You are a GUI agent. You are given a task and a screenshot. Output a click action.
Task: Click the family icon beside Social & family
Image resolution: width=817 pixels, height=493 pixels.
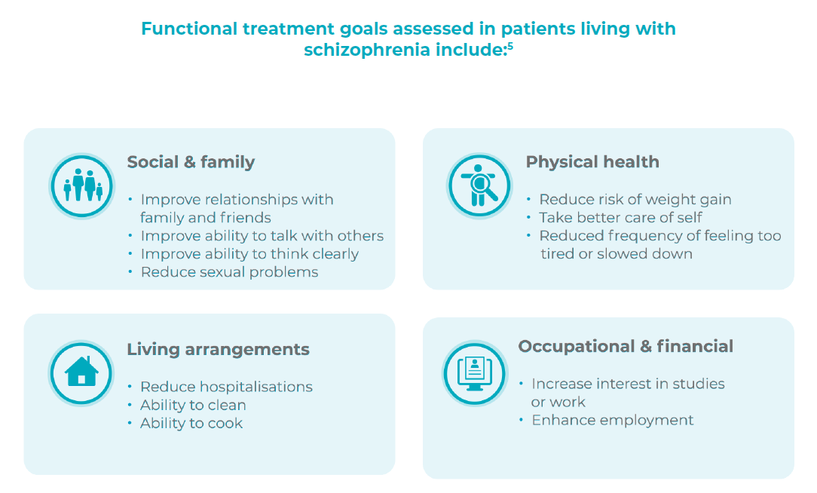81,185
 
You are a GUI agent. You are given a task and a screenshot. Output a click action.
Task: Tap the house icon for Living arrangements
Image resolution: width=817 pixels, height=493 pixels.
81,372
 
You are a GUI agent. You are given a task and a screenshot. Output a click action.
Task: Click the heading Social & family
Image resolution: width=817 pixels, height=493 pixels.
191,162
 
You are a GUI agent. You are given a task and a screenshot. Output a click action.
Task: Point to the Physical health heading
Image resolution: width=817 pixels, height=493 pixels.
592,162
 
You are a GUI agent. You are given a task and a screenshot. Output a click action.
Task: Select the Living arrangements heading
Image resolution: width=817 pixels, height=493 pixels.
218,350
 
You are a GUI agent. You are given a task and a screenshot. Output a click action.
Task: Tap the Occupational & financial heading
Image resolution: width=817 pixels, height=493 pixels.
625,347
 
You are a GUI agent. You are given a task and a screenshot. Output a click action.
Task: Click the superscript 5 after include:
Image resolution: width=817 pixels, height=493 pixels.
510,47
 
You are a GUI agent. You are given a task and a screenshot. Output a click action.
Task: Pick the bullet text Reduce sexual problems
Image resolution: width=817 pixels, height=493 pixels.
229,272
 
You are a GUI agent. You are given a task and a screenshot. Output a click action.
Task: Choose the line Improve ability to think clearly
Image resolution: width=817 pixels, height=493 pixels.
249,254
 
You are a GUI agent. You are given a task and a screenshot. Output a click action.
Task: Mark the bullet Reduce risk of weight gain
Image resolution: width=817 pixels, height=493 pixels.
635,200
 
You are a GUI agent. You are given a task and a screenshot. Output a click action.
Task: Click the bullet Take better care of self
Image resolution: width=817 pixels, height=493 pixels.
620,218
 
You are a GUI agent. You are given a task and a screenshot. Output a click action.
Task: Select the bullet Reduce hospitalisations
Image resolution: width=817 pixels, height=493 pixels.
226,387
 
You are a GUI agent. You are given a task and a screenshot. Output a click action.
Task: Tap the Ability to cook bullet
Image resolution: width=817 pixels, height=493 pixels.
191,423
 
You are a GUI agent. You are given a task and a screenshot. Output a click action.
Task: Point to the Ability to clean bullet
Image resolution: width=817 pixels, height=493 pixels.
193,405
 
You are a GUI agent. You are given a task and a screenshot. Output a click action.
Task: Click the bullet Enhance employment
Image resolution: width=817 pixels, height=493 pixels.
612,420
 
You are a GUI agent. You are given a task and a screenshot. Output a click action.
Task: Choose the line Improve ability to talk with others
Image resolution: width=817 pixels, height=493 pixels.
262,236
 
